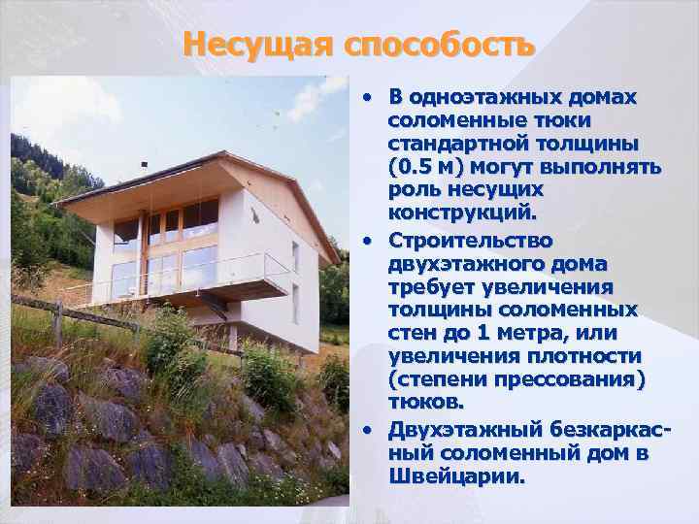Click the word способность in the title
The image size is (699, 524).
438,45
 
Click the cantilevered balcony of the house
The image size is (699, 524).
233,289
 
